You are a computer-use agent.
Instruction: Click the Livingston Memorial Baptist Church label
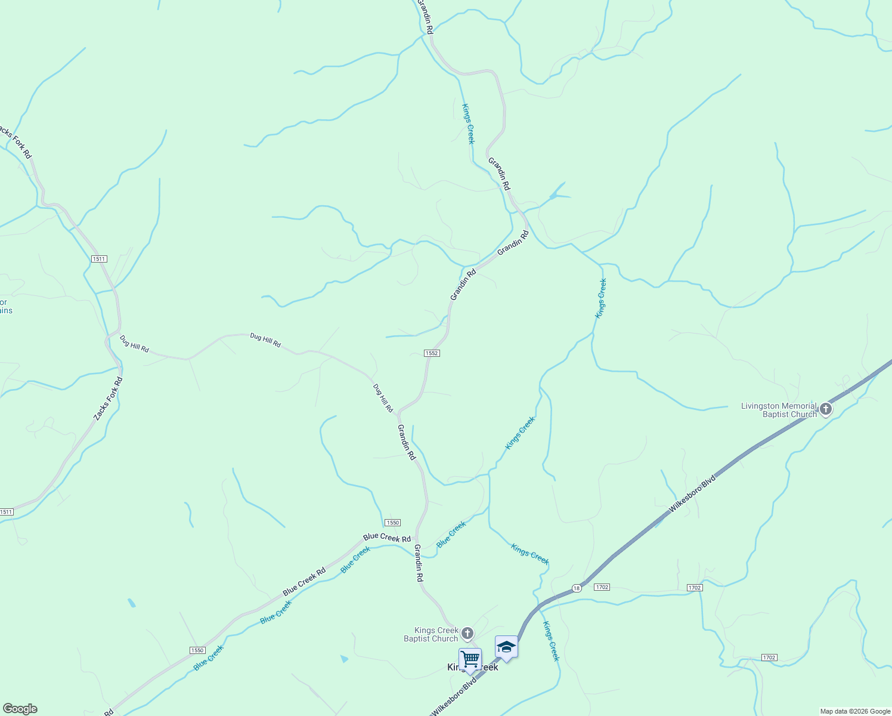pyautogui.click(x=779, y=410)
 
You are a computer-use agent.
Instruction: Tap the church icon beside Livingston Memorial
pyautogui.click(x=826, y=409)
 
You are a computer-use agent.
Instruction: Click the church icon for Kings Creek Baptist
pyautogui.click(x=468, y=632)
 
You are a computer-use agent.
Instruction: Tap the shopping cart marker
pyautogui.click(x=470, y=659)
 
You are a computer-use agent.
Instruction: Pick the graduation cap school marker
pyautogui.click(x=506, y=647)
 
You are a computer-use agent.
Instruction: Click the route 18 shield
pyautogui.click(x=576, y=588)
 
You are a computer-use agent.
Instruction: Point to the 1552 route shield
pyautogui.click(x=432, y=353)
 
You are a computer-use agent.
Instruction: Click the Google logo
pyautogui.click(x=20, y=709)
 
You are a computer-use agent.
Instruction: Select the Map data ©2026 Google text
pyautogui.click(x=854, y=711)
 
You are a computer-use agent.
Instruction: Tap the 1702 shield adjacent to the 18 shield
pyautogui.click(x=602, y=587)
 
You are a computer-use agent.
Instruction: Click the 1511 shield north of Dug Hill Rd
pyautogui.click(x=99, y=259)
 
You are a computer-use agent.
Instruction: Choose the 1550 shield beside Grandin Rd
pyautogui.click(x=392, y=522)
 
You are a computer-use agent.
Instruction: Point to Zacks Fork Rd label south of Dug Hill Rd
pyautogui.click(x=108, y=400)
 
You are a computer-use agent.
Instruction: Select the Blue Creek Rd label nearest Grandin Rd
pyautogui.click(x=387, y=538)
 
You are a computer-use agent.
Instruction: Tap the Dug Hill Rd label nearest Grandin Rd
pyautogui.click(x=383, y=398)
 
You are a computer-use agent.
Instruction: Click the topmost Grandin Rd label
pyautogui.click(x=425, y=16)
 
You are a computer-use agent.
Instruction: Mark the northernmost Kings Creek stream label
pyautogui.click(x=468, y=124)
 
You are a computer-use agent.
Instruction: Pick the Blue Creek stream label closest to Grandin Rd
pyautogui.click(x=451, y=534)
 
